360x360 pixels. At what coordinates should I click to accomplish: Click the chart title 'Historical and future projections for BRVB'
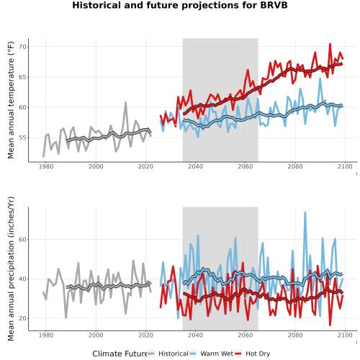point(180,5)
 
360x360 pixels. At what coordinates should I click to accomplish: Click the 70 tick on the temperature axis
point(22,47)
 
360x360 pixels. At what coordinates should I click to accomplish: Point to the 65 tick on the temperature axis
point(22,77)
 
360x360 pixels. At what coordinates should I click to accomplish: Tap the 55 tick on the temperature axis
point(22,138)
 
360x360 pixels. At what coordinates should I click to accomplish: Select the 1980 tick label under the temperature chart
point(46,166)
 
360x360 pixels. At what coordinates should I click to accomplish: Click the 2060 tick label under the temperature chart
point(246,166)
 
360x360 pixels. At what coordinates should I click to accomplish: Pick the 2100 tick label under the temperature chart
point(345,166)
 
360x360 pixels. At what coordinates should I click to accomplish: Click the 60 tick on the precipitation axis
point(22,240)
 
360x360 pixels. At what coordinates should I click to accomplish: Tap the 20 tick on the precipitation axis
point(22,318)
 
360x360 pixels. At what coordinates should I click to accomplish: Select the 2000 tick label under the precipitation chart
point(96,335)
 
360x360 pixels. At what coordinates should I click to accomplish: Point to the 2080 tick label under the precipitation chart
point(295,335)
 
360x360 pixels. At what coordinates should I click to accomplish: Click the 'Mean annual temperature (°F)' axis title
point(11,100)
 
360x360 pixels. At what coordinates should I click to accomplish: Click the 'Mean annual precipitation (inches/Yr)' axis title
point(11,269)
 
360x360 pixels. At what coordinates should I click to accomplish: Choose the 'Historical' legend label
point(174,354)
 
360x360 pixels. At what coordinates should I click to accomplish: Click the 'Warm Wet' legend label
point(217,354)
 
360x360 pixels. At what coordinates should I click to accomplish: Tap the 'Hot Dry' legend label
point(258,354)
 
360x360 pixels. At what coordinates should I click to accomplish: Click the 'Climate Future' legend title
point(120,354)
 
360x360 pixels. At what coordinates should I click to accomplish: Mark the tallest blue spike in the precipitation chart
point(305,212)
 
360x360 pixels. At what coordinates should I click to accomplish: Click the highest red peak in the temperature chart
point(330,44)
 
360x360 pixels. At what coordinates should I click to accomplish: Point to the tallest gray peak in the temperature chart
point(125,102)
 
